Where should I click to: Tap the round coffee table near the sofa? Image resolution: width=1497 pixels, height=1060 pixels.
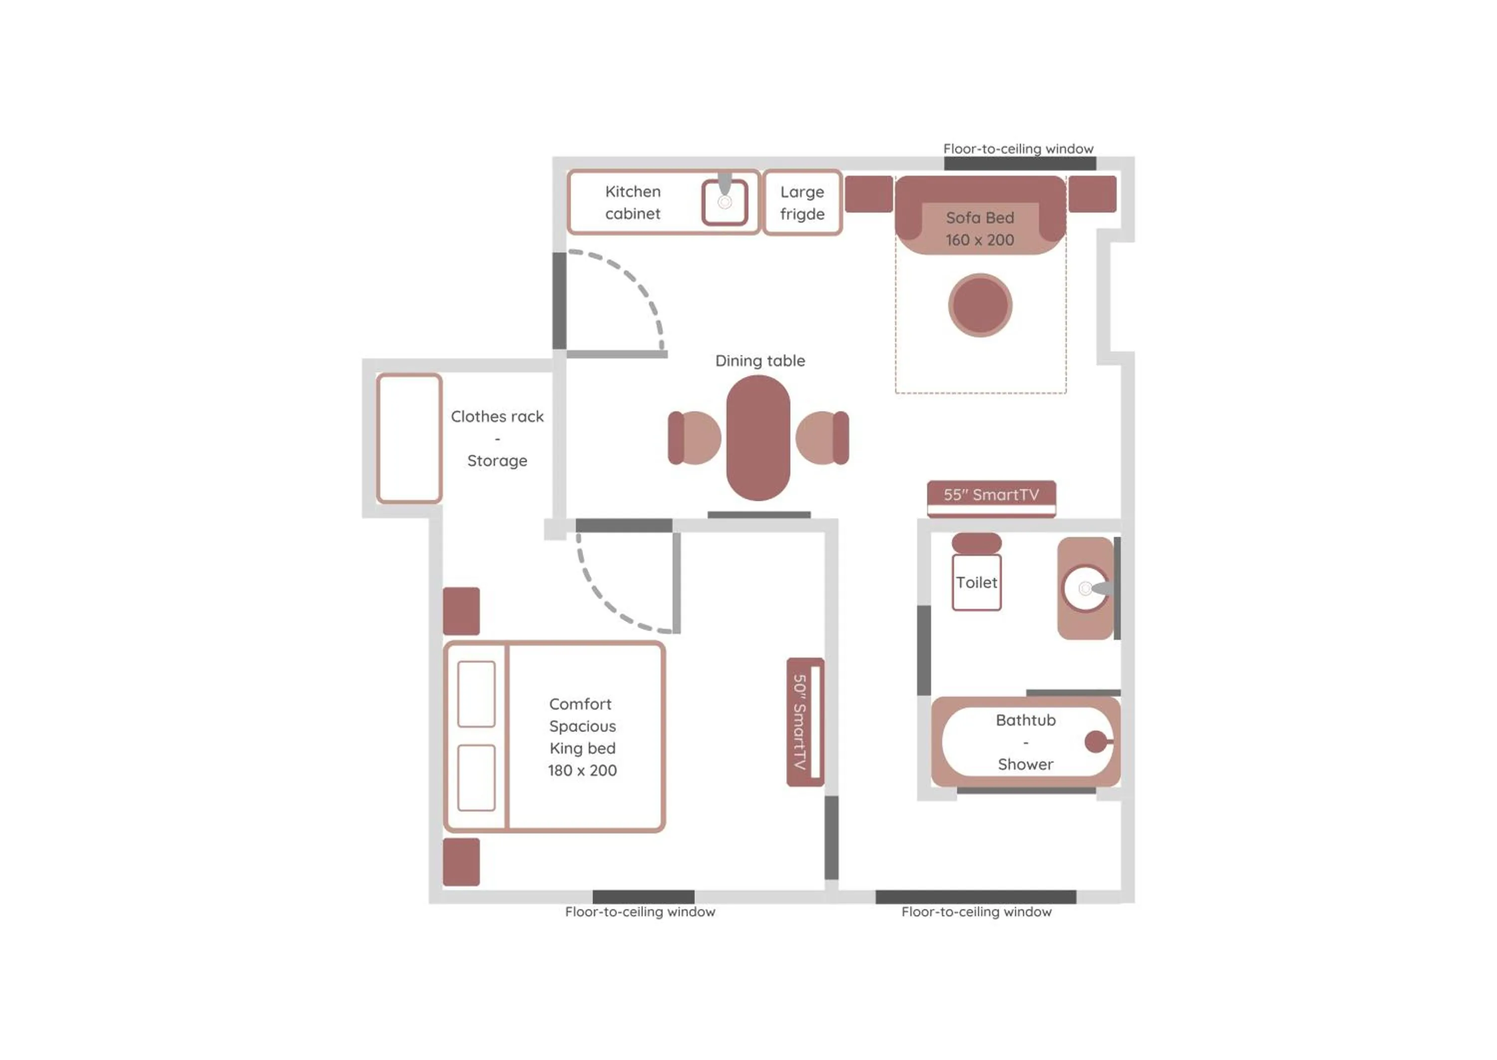coord(980,305)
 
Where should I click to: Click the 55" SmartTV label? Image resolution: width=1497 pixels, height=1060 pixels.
coord(991,495)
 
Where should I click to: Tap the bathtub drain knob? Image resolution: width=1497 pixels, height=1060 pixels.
coord(1095,742)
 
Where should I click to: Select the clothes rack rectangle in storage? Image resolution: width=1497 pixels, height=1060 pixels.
coord(409,438)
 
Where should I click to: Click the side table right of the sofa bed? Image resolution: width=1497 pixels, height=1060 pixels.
coord(1092,194)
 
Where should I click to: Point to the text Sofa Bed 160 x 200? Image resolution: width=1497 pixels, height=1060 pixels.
coord(980,229)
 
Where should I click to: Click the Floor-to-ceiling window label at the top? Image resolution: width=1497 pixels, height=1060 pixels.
coord(1017,149)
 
